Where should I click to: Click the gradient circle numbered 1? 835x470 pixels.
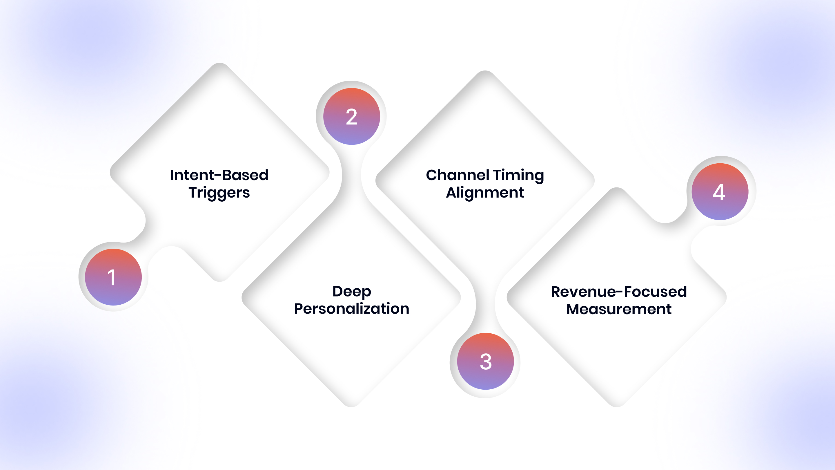[113, 277]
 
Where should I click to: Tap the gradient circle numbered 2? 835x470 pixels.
[352, 116]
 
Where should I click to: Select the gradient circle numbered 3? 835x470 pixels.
[486, 361]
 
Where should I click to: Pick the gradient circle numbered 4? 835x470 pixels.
[720, 192]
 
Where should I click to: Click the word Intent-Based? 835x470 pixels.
[219, 175]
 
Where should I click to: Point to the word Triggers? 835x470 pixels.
[219, 193]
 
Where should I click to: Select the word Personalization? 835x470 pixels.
[352, 309]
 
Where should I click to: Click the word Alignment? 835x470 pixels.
[485, 193]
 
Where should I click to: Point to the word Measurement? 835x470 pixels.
[619, 309]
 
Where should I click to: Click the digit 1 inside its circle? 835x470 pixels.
[112, 278]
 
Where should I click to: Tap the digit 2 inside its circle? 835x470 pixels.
[352, 117]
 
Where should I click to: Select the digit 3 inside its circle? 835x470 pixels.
[486, 362]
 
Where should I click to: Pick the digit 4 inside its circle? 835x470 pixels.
[719, 192]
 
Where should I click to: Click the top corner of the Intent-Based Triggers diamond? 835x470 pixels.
[220, 63]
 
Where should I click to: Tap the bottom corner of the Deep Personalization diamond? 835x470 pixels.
[351, 406]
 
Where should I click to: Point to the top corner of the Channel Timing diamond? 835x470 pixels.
[485, 71]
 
